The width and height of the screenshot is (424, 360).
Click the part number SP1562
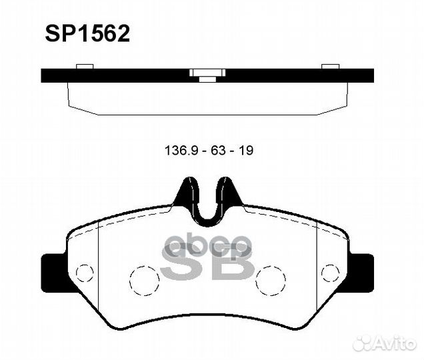[x=87, y=33]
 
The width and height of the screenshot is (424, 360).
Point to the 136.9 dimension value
[x=179, y=151]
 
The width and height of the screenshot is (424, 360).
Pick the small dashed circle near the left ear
[x=84, y=272]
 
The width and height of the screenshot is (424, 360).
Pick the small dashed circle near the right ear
[x=330, y=272]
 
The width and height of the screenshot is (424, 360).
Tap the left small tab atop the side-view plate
[x=85, y=66]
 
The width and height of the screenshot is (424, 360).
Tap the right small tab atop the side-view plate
[x=331, y=66]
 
